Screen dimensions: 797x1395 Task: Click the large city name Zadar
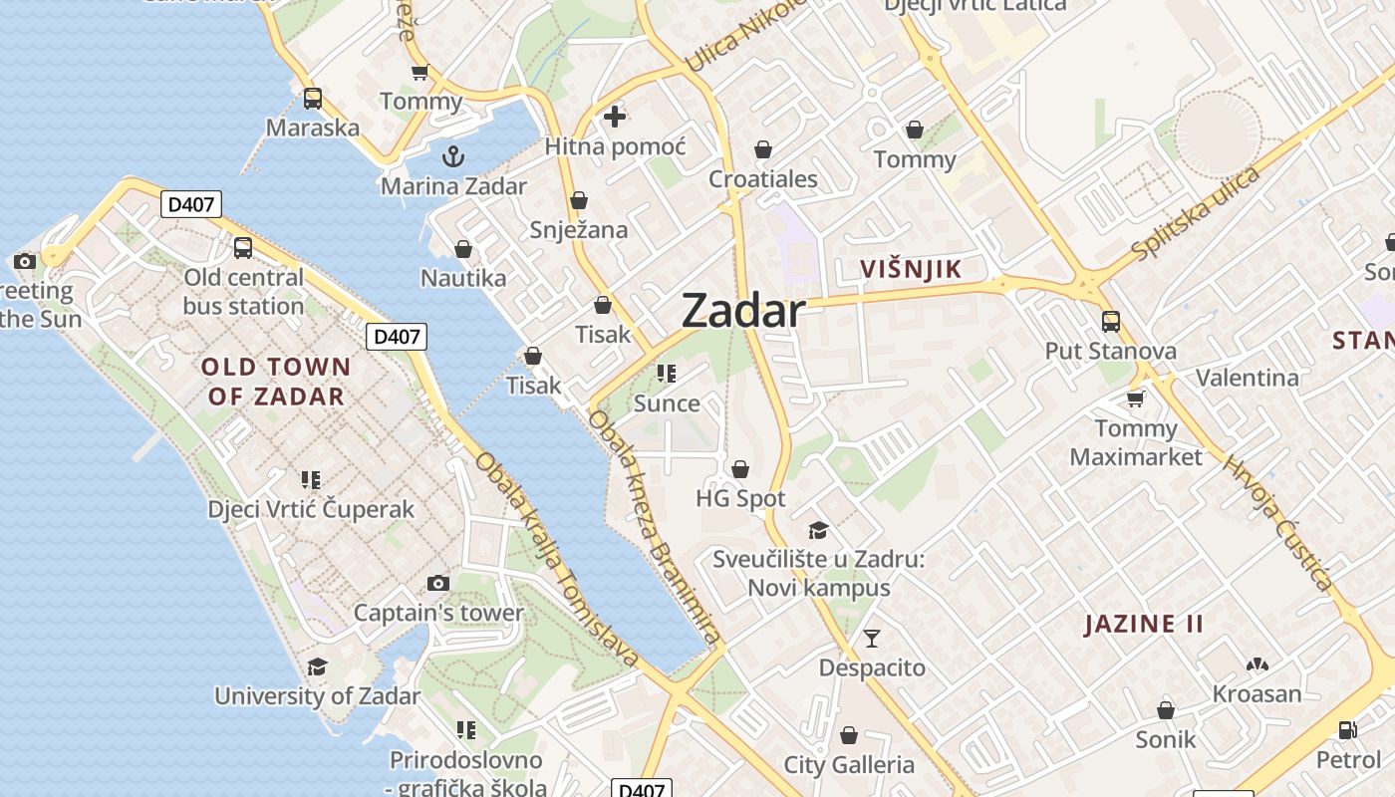(x=743, y=312)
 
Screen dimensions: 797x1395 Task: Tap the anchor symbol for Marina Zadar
(x=453, y=156)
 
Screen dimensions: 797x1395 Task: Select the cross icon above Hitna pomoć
(x=615, y=117)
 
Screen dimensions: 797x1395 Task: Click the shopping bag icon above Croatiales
(x=763, y=149)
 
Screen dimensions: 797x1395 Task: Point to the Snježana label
(x=579, y=230)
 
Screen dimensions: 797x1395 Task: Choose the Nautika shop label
(x=463, y=278)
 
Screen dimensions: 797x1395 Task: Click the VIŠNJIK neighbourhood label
(x=911, y=269)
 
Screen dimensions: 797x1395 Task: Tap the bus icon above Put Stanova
(x=1111, y=321)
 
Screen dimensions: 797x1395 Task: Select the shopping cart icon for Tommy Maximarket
(x=1135, y=398)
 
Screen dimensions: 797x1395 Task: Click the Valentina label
(x=1247, y=378)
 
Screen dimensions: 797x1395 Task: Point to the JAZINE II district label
(x=1144, y=625)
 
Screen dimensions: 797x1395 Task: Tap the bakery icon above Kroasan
(x=1256, y=664)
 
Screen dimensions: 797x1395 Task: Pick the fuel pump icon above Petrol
(x=1347, y=730)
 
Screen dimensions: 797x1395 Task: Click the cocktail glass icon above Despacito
(x=872, y=638)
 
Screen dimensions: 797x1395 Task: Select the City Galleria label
(x=849, y=765)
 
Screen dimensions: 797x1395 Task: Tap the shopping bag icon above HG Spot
(x=740, y=468)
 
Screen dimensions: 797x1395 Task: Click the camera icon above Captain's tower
(x=438, y=583)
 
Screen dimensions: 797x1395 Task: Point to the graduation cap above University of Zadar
(x=317, y=665)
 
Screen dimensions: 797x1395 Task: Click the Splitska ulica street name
(x=1196, y=213)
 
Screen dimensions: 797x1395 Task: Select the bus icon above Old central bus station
(x=243, y=248)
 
